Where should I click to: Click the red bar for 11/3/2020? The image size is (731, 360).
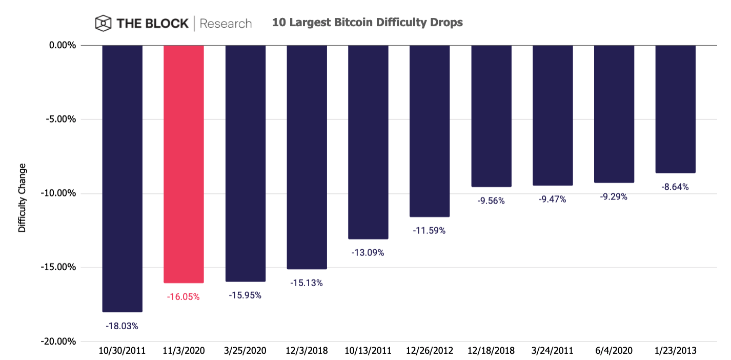click(x=184, y=164)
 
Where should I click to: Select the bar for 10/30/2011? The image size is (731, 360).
click(x=122, y=178)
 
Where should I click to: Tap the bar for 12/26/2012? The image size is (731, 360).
click(x=430, y=131)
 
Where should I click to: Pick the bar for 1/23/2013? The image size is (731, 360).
click(x=676, y=109)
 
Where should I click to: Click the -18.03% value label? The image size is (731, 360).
click(x=122, y=326)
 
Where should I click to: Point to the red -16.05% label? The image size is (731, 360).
click(x=183, y=296)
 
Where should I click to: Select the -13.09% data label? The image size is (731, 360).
click(x=368, y=253)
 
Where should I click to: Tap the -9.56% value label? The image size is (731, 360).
click(x=491, y=201)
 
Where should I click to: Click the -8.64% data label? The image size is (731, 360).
click(x=675, y=187)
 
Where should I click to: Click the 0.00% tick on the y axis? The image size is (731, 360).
click(x=63, y=45)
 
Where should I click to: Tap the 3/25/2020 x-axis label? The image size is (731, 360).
click(x=245, y=351)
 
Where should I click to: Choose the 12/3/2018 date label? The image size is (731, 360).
click(x=306, y=351)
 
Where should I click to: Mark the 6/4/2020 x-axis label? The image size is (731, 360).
click(x=614, y=351)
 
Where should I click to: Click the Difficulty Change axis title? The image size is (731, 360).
click(x=22, y=198)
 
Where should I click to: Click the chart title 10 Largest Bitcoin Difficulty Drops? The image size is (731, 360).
click(x=367, y=23)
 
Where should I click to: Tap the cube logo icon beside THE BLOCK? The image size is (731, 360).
click(x=104, y=23)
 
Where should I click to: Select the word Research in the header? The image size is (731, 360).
click(x=226, y=24)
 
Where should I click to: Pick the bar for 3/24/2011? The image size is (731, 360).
click(x=553, y=115)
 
